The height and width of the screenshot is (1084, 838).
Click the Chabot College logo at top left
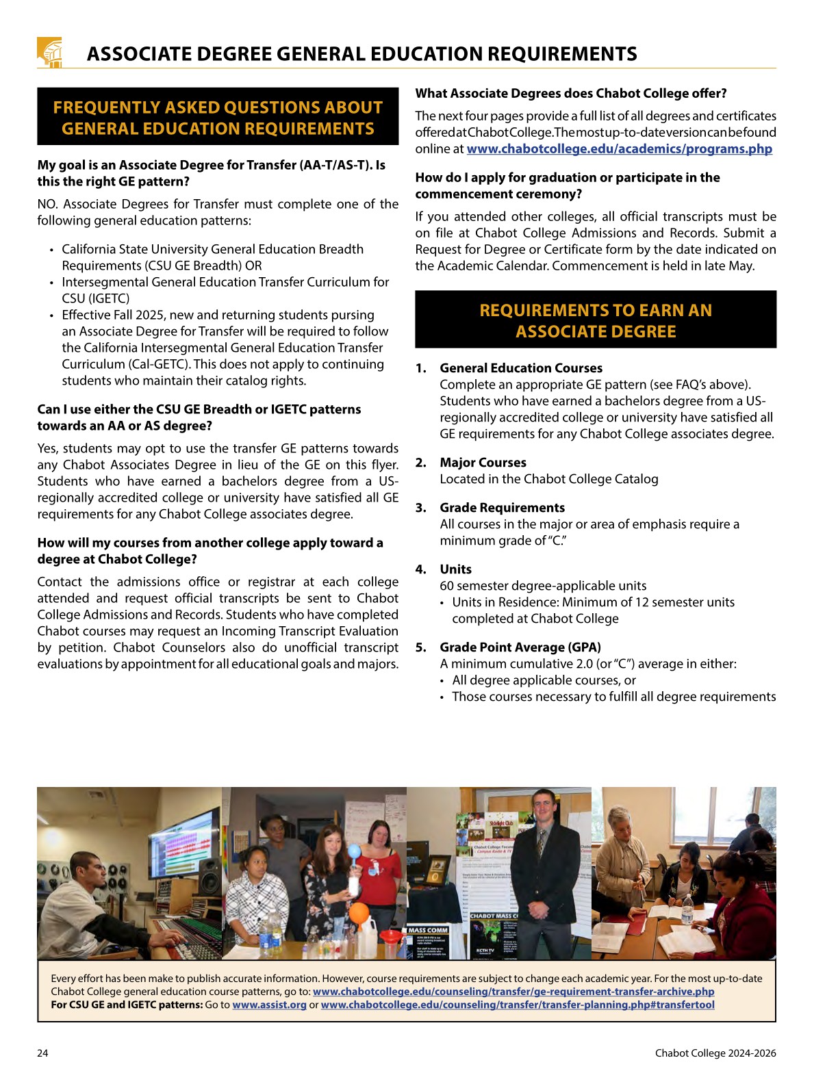(49, 52)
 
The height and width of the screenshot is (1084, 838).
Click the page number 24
(42, 1053)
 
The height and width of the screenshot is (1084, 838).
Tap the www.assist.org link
(269, 1005)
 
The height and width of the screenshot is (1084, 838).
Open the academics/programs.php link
(619, 149)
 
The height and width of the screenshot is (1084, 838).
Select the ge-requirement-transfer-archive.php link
(513, 992)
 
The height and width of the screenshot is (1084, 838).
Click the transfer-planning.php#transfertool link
(517, 1005)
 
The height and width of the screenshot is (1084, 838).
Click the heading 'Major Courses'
(483, 463)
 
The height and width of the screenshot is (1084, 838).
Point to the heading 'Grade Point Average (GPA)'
(520, 647)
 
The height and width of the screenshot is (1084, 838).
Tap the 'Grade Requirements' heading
(502, 508)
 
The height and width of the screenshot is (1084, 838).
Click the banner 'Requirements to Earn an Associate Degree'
(596, 320)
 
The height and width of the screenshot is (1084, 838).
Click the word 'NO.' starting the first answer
(49, 204)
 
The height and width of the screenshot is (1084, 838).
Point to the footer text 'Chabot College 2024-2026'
(715, 1053)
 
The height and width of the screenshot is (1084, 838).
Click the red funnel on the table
(391, 936)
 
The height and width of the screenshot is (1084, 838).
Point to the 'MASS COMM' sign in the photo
(428, 930)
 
